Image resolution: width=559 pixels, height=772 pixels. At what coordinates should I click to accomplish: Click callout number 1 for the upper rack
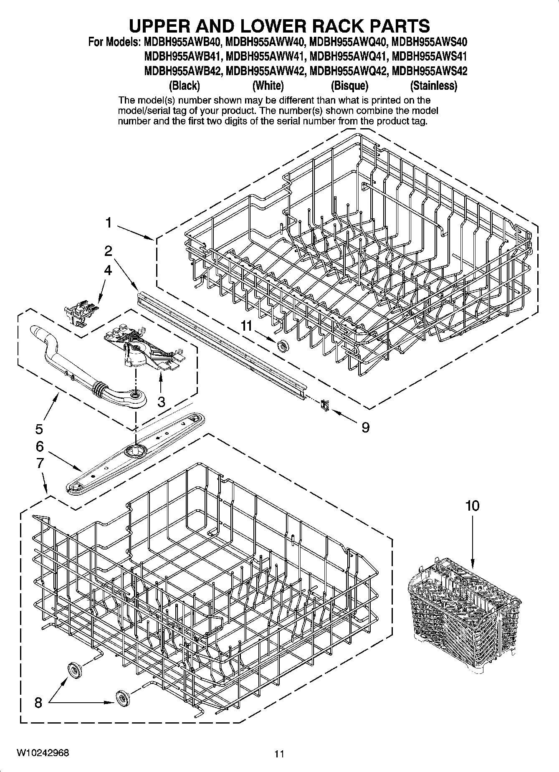point(108,223)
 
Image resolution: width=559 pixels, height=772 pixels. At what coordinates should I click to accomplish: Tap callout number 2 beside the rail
point(108,251)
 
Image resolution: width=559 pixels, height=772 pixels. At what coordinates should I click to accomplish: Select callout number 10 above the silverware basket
point(473,506)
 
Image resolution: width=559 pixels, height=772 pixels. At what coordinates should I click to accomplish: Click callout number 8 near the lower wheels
point(38,703)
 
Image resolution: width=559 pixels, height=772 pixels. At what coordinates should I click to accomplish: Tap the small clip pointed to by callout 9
point(325,405)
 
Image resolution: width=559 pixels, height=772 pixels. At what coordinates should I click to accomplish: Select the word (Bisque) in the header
point(349,86)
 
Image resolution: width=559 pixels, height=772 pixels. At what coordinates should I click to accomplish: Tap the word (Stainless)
point(434,86)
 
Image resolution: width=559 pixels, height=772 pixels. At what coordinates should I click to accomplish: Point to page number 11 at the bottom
point(279,754)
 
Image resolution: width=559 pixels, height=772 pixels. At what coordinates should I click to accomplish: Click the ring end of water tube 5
point(136,395)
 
